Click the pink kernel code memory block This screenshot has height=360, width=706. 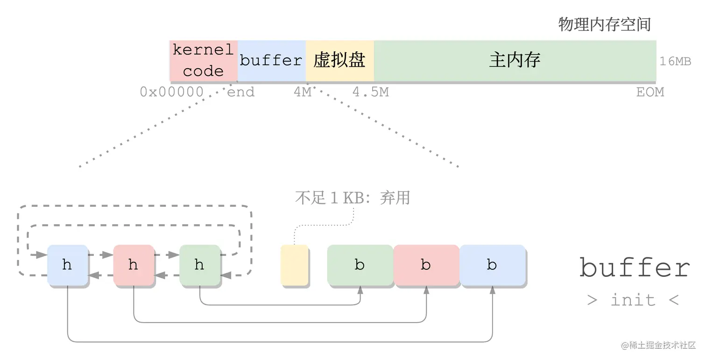pos(203,61)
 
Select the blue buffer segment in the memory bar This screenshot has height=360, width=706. pos(271,61)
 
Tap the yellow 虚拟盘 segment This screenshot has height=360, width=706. pos(339,61)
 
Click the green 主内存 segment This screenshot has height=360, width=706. pos(515,61)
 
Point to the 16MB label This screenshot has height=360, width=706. pos(675,62)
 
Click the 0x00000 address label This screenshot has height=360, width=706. pos(171,92)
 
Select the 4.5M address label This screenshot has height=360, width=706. pos(370,92)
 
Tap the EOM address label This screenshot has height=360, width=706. pos(650,92)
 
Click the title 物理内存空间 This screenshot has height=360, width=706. pos(605,24)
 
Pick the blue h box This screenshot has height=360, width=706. pos(67,265)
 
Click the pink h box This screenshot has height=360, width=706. pos(134,265)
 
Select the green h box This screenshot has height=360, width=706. pos(199,265)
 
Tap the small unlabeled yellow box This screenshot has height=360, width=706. pos(294,265)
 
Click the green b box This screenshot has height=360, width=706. pos(360,265)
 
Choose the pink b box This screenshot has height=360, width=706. pos(426,265)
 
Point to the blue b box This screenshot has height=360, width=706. pos(492,265)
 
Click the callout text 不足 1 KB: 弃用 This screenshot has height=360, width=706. pos(353,198)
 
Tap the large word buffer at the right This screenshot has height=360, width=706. pos(635,268)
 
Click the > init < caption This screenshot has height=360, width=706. pos(633,300)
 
